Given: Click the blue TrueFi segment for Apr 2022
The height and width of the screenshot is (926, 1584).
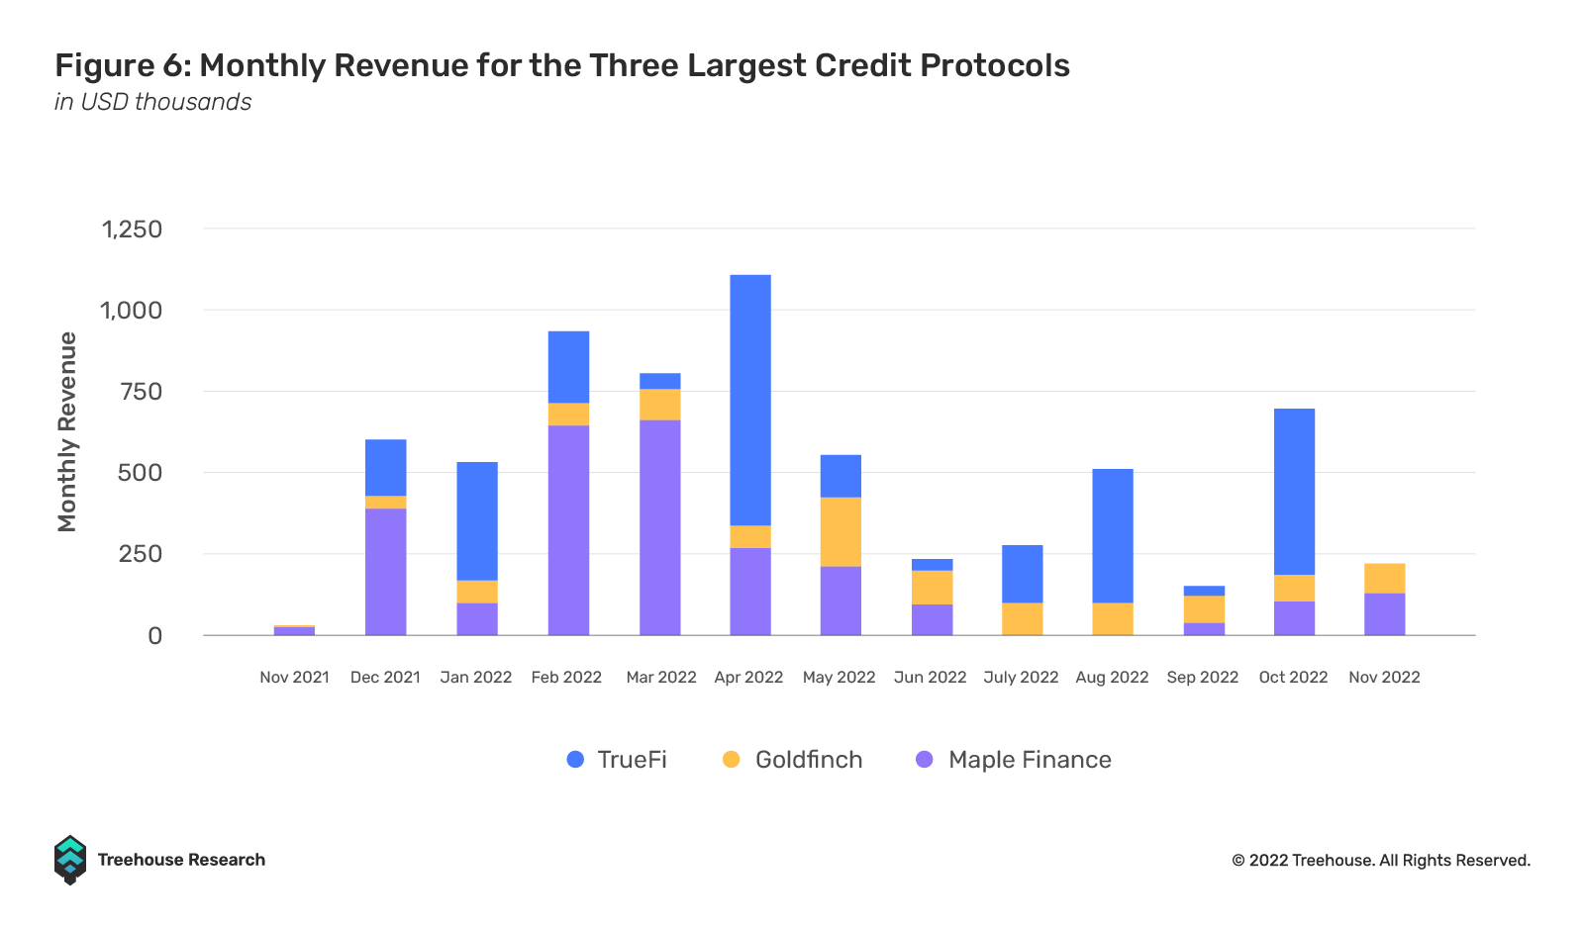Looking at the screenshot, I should coord(750,400).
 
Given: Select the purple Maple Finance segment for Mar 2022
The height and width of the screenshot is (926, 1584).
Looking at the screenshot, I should coord(659,527).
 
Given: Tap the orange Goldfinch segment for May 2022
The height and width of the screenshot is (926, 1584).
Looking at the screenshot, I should coord(841,532).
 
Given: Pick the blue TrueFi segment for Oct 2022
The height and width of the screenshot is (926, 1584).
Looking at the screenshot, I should coord(1294,492).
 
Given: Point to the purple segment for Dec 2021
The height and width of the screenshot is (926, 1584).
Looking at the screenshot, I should coord(385,571).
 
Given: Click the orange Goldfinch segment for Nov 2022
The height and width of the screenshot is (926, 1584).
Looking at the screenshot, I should coord(1384,579).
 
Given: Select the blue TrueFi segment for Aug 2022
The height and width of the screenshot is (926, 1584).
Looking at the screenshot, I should coord(1112,535).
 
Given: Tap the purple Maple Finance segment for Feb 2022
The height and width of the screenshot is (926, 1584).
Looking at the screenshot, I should coord(568,529).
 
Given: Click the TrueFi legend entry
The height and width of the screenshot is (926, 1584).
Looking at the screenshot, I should coord(617,760).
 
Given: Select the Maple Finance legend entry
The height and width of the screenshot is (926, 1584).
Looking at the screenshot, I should coord(1014,760).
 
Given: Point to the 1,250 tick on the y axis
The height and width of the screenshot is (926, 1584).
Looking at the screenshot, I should coord(132,230).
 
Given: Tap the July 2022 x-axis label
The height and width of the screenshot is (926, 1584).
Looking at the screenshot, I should coord(1021,678).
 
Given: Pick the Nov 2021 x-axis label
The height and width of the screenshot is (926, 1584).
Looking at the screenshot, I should coord(294,678).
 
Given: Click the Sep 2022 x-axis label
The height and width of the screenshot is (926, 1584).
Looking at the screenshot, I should coord(1202,678).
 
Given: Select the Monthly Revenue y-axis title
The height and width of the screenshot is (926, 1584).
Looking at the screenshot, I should coord(67,431).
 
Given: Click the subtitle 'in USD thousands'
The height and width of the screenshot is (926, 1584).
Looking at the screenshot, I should coord(152,102).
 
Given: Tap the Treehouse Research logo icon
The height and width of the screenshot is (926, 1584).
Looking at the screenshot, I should coord(70,860).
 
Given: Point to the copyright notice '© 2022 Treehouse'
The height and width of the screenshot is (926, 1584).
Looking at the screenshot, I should coord(1380,861).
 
